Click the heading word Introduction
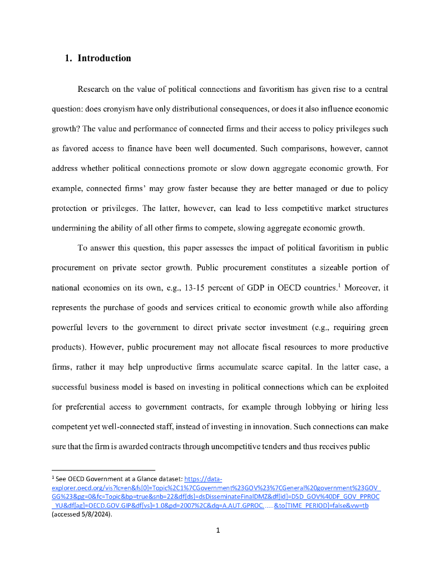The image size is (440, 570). coord(104,58)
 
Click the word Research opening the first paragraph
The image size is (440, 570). coord(95,89)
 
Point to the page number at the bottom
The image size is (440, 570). coord(219,530)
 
